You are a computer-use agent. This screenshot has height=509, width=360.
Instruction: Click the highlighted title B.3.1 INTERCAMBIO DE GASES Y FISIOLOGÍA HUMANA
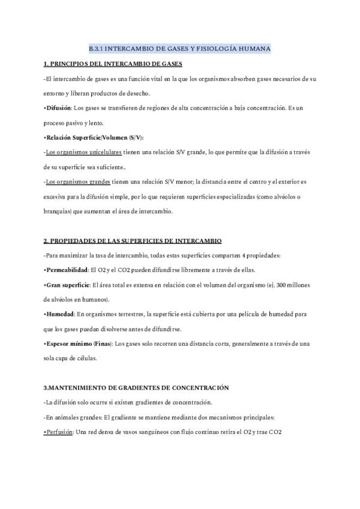pos(180,48)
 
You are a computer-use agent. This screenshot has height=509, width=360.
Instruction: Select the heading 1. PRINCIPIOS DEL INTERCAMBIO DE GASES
pos(113,64)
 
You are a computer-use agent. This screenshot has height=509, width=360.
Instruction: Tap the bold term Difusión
pos(58,108)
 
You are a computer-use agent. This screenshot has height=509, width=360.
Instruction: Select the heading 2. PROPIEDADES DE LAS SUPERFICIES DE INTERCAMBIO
pos(133,241)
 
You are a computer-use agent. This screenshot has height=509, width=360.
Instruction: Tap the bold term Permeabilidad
pos(67,270)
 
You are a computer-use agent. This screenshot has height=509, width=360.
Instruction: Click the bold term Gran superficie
pos(67,285)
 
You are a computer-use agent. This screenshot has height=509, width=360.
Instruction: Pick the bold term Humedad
pos(59,314)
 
